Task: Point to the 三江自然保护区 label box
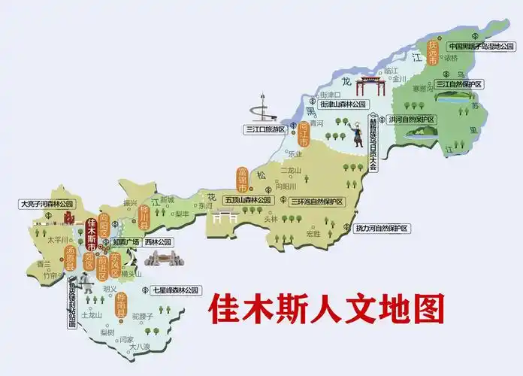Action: [461, 83]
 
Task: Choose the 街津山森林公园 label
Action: [342, 104]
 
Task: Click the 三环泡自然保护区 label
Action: [316, 202]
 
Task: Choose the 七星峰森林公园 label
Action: [175, 289]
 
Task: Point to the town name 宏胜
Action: [313, 233]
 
